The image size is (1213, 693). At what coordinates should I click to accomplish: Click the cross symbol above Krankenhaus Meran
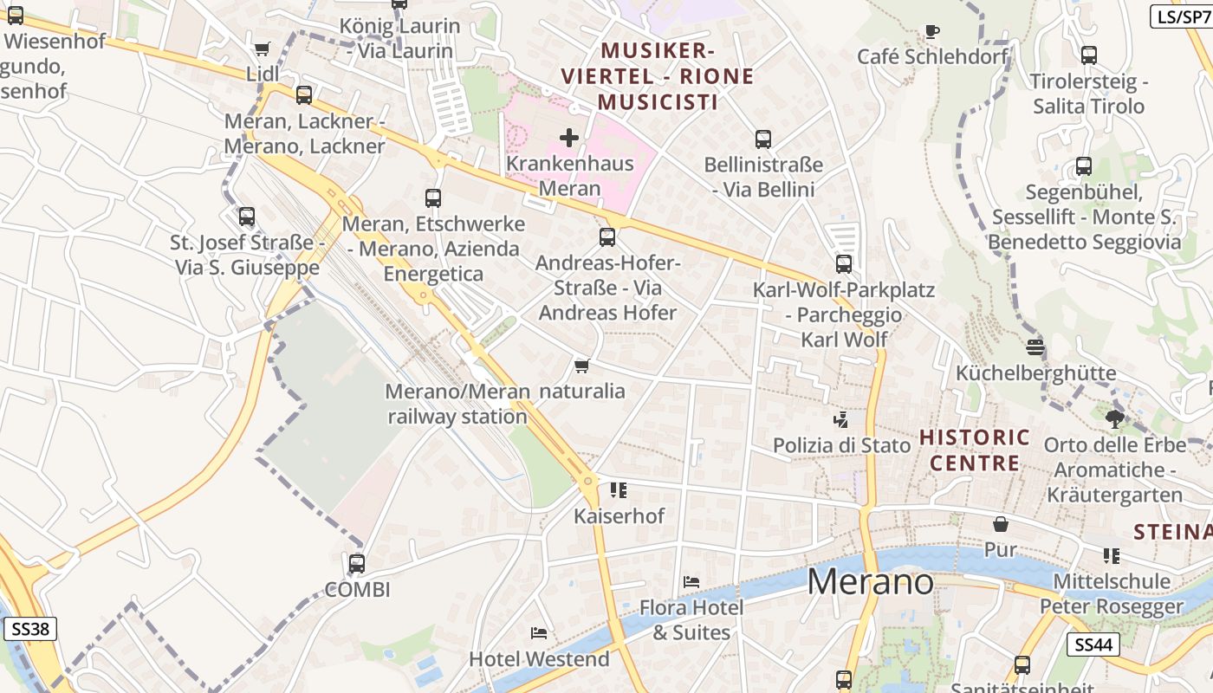coord(569,138)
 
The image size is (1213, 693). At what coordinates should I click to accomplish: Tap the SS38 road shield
coord(30,629)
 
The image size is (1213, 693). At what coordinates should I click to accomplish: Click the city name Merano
coord(870,582)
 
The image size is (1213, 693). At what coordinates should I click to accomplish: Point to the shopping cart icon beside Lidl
coord(263,49)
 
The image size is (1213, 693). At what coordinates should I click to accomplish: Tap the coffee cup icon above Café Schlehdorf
coord(931,32)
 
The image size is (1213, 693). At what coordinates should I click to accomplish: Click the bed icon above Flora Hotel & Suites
coord(691,581)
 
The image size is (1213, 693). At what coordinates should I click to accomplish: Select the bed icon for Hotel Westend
coord(538,633)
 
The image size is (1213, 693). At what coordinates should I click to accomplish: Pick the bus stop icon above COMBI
coord(356,564)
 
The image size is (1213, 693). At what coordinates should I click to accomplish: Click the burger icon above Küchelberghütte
coord(1035,347)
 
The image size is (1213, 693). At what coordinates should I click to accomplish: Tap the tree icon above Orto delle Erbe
coord(1114,419)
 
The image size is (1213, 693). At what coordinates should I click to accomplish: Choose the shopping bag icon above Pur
coord(1001,524)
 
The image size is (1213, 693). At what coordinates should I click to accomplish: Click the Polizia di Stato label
coord(841,445)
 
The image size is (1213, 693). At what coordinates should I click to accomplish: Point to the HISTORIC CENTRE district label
coord(975,450)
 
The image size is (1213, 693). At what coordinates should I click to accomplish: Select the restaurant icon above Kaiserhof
coord(618,490)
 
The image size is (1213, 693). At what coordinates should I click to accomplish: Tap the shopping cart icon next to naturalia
coord(582,366)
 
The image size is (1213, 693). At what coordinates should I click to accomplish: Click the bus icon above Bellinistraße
coord(762,139)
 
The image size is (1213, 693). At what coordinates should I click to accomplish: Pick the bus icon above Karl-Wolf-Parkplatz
coord(843,264)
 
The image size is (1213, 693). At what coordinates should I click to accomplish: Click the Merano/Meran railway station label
coord(457,404)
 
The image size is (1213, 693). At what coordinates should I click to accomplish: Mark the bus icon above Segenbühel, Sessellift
coord(1083,166)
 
